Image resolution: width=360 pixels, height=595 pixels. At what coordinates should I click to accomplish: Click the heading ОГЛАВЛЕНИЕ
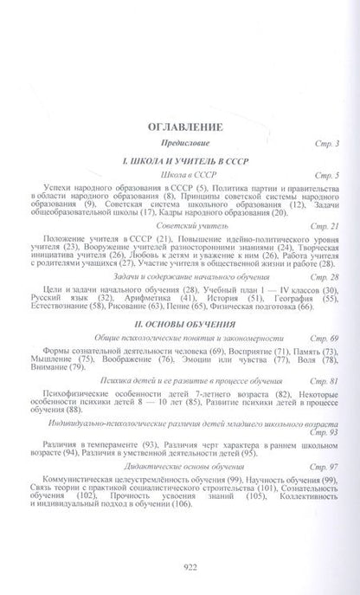179,124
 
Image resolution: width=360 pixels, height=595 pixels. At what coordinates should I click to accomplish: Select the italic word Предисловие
179,141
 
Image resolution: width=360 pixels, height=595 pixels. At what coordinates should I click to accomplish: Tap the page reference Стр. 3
323,141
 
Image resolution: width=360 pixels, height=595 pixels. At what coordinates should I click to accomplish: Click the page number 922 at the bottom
179,567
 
